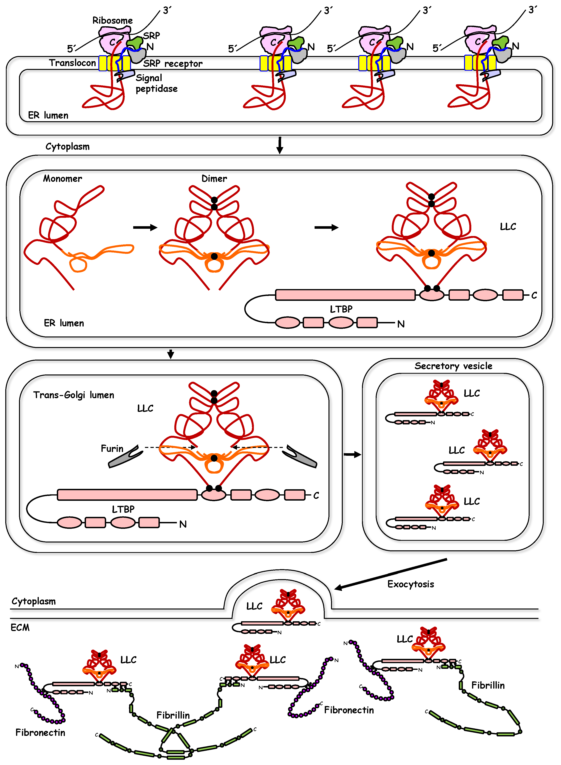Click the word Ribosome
coord(112,20)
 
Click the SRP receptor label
coord(173,63)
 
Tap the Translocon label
coord(72,63)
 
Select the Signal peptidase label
coord(156,83)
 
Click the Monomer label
coord(62,179)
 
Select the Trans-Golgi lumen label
coord(73,395)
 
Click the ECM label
coord(20,627)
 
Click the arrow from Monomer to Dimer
coord(145,228)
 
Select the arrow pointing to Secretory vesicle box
coord(352,455)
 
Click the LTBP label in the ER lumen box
coord(341,309)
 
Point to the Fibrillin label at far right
coord(488,685)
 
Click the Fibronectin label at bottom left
coord(40,732)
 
